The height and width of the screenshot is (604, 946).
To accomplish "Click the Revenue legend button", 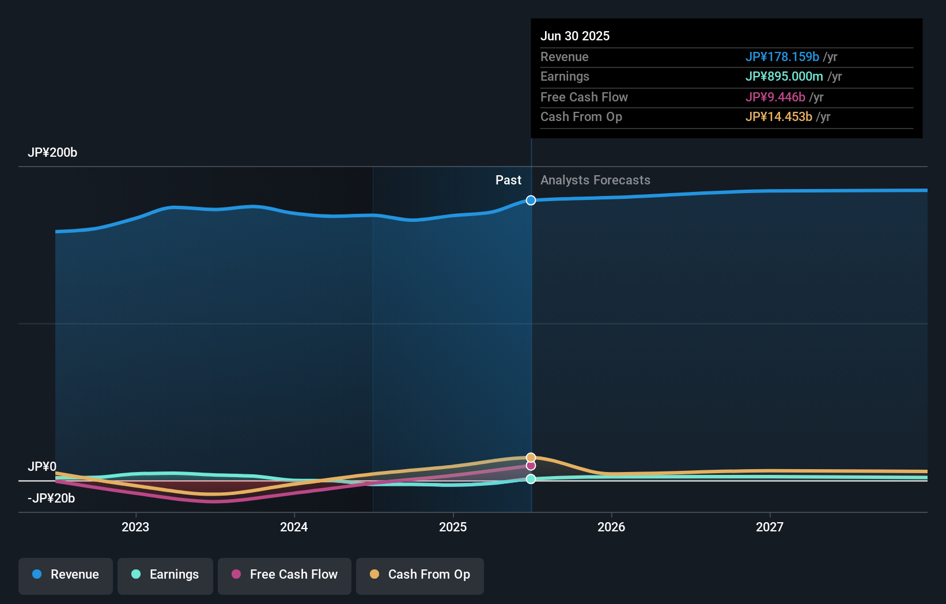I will tap(66, 575).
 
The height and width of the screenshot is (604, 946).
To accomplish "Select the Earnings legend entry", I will tap(165, 575).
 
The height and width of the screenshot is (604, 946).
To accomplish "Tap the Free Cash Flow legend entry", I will tap(285, 575).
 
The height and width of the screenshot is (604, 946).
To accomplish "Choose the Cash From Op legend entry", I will tap(420, 575).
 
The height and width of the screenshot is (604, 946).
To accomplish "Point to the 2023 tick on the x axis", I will tap(135, 527).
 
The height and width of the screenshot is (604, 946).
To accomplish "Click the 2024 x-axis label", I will tap(294, 527).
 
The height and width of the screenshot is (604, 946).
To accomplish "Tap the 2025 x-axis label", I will tap(453, 527).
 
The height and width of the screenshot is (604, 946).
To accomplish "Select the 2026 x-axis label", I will tap(611, 527).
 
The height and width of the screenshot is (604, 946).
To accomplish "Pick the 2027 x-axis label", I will tap(770, 527).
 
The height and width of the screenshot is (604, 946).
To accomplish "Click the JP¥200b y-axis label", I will tap(52, 153).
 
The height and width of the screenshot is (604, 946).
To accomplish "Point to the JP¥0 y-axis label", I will tap(42, 466).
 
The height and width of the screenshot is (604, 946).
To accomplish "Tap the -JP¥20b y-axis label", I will tap(51, 498).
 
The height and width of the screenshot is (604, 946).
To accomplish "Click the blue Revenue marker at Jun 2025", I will tap(531, 200).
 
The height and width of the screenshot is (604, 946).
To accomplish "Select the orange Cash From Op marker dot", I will tap(531, 458).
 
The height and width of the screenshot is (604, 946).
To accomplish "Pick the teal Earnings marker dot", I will tap(531, 479).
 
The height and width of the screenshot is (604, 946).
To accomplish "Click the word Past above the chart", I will tap(508, 180).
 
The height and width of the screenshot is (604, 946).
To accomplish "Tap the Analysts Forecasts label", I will tap(595, 180).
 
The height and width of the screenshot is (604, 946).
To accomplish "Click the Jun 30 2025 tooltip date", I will tap(575, 36).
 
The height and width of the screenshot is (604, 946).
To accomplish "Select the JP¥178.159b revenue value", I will tap(782, 56).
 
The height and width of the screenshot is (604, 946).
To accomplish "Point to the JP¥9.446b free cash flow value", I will tap(775, 97).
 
